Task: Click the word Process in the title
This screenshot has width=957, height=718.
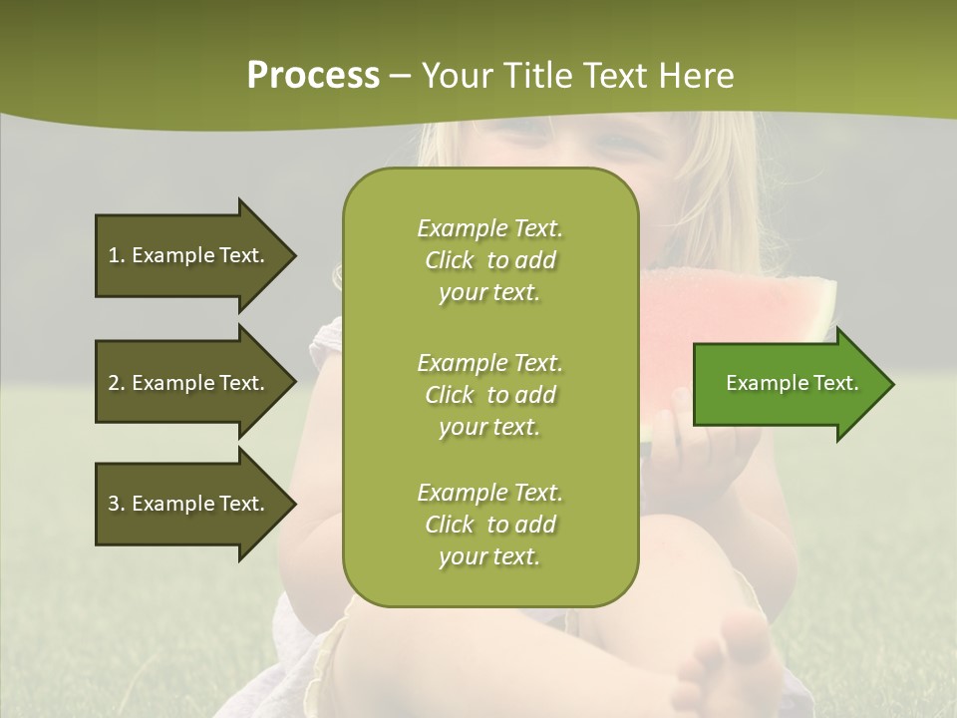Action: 313,76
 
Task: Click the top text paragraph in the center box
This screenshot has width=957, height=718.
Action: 489,260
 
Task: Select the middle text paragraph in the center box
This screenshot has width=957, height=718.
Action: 489,394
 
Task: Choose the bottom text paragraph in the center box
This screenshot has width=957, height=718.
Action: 489,525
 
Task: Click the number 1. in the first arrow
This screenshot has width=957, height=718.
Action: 117,255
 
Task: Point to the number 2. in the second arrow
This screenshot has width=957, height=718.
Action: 117,383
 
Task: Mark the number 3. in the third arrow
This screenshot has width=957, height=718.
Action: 117,504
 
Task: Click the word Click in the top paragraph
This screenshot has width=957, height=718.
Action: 450,261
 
